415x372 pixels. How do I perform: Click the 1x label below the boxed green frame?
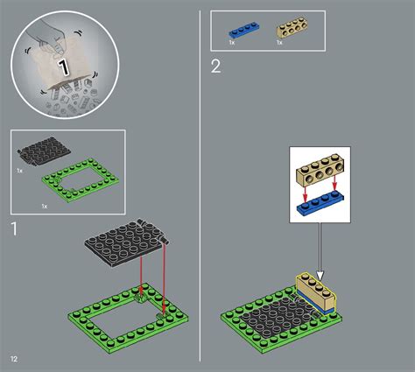[x=45, y=205]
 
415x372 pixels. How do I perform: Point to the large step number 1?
[x=14, y=229]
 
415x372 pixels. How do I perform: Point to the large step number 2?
[x=216, y=67]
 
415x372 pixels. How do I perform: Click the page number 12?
[x=14, y=360]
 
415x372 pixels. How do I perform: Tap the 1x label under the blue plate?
[x=231, y=41]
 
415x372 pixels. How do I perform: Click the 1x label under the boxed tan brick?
[x=280, y=41]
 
